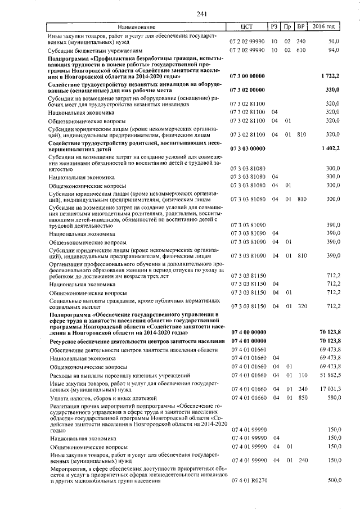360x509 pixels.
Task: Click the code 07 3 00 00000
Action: click(247, 75)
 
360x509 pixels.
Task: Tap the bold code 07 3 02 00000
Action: click(247, 89)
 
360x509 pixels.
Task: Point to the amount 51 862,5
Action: click(329, 375)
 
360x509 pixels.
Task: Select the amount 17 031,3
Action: click(329, 388)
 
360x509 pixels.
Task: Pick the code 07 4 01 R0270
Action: click(247, 481)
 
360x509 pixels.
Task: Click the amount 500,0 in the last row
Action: click(334, 481)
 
